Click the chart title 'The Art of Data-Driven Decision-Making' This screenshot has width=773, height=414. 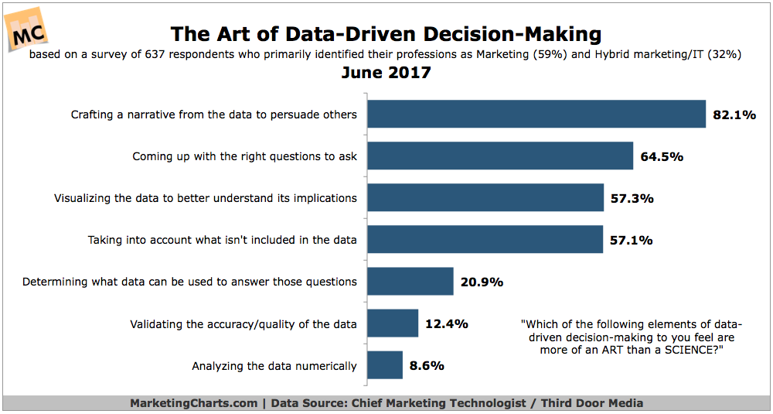386,34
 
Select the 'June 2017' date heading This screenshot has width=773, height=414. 386,74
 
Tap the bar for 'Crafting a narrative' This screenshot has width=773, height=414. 536,114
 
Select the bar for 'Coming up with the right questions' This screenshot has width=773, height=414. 500,156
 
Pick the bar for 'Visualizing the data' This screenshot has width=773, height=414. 485,197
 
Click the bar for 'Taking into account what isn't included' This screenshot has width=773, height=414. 485,239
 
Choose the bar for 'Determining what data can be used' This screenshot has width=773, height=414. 410,281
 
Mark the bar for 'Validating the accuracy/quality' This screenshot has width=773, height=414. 393,323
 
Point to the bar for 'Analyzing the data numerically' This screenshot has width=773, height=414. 385,364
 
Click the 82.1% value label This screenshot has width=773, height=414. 734,115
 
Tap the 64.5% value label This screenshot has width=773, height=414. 662,156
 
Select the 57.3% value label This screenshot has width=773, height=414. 632,198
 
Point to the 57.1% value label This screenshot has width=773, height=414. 631,240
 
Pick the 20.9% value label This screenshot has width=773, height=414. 482,282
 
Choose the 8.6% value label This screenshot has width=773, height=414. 427,365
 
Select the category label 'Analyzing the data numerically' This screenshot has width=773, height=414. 274,365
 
